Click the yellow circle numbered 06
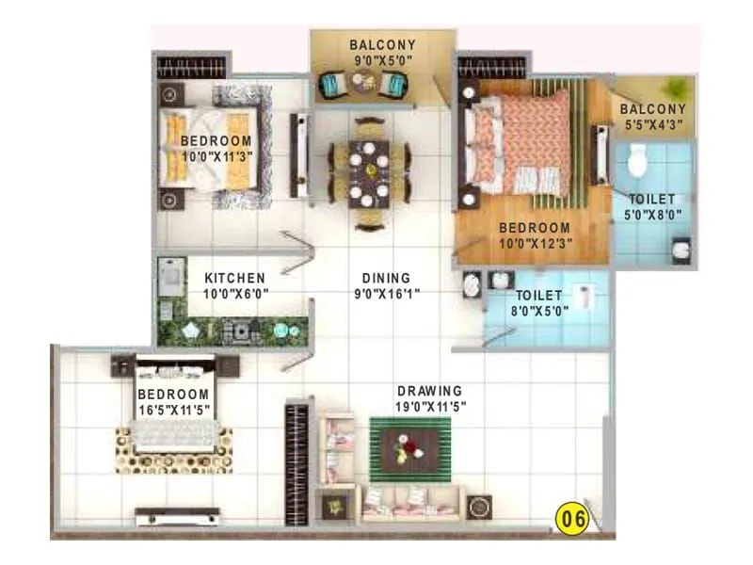(x=571, y=518)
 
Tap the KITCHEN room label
(x=234, y=279)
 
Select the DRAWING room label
(x=429, y=391)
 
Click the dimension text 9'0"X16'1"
(x=386, y=294)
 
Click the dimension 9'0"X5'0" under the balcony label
(x=382, y=60)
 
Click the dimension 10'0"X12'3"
(x=534, y=244)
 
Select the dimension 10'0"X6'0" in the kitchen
(x=234, y=294)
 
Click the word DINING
(x=386, y=279)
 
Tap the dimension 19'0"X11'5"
(x=429, y=407)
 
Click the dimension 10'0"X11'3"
(x=217, y=157)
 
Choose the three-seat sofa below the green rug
(x=409, y=503)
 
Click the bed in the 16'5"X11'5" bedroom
(x=173, y=414)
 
